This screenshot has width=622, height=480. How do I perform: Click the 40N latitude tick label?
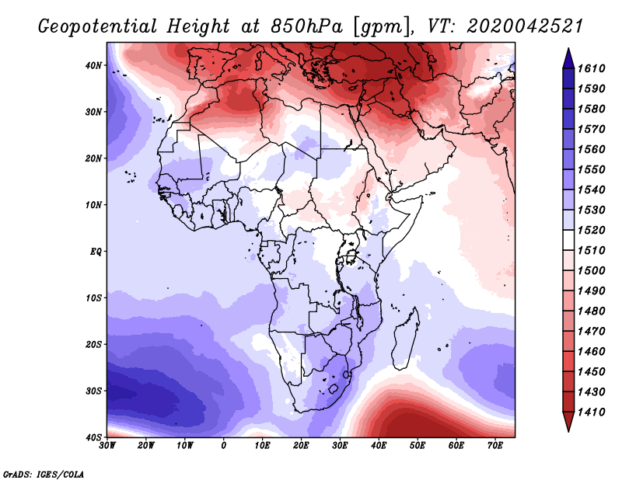click(93, 65)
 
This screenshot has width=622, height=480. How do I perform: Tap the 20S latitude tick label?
click(93, 344)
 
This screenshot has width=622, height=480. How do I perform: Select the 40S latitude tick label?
click(93, 437)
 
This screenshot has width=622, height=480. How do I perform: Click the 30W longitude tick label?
click(107, 446)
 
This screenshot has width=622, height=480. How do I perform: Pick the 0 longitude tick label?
click(224, 446)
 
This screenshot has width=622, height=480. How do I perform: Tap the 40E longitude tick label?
click(379, 446)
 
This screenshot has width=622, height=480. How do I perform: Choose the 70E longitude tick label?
click(495, 446)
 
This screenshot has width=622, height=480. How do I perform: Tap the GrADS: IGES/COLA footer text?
click(44, 473)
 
